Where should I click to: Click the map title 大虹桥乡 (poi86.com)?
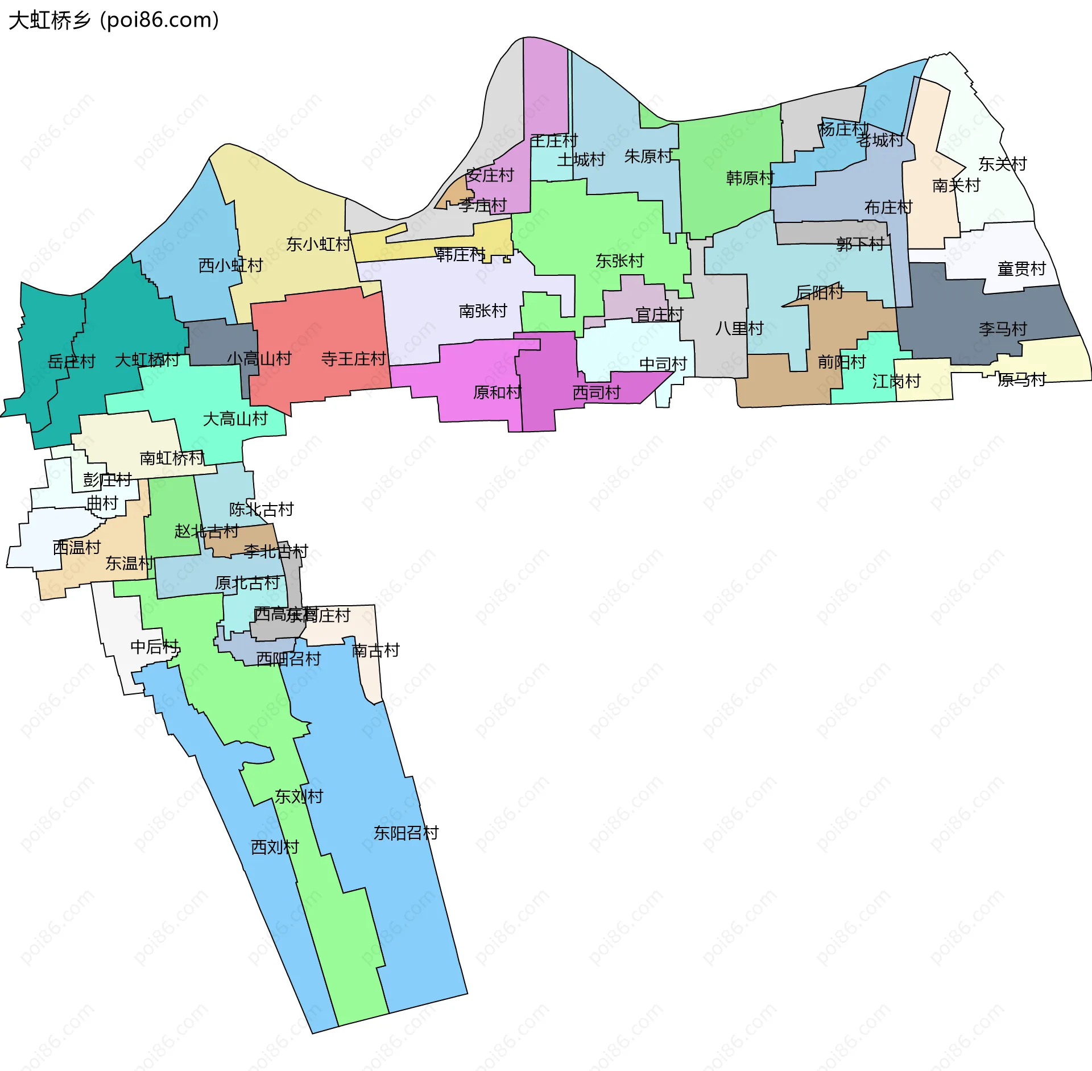[114, 20]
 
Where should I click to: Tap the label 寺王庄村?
[353, 359]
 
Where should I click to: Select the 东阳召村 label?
[406, 833]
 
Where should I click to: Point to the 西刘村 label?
[275, 847]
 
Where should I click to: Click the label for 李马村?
[1003, 329]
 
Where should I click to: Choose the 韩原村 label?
[750, 179]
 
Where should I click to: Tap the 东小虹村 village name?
[318, 245]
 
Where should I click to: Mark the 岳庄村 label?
[71, 362]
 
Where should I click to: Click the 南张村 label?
[483, 311]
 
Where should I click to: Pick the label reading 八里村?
[739, 329]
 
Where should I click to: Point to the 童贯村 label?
[1021, 269]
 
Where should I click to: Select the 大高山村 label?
[235, 419]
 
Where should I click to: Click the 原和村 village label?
[497, 392]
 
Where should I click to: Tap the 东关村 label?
[1002, 164]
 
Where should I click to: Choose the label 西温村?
[77, 548]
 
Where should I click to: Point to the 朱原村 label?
[648, 156]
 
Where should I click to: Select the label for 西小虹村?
[230, 266]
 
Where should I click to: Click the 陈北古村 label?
[261, 510]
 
